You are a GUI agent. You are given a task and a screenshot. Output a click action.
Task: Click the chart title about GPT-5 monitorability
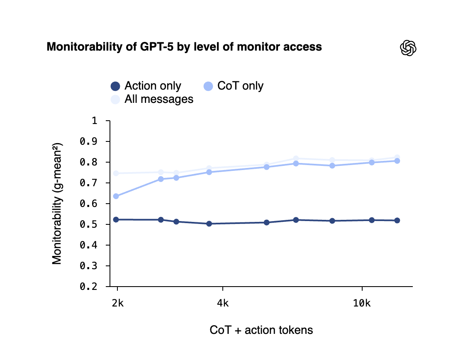pyautogui.click(x=184, y=47)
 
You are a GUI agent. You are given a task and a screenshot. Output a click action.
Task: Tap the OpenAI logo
pyautogui.click(x=408, y=48)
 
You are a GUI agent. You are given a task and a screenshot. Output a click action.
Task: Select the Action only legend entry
pyautogui.click(x=146, y=86)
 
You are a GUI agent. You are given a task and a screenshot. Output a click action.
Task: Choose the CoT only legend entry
pyautogui.click(x=233, y=86)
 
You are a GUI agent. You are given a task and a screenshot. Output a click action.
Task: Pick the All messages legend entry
pyautogui.click(x=152, y=99)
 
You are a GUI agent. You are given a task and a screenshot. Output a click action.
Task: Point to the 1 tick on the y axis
pyautogui.click(x=94, y=121)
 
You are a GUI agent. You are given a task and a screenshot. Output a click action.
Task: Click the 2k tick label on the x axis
pyautogui.click(x=117, y=303)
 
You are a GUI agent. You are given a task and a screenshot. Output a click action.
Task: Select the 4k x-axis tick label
pyautogui.click(x=223, y=303)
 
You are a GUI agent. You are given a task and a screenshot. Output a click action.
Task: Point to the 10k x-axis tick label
pyautogui.click(x=362, y=303)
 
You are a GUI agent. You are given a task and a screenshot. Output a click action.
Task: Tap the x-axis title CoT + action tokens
pyautogui.click(x=261, y=330)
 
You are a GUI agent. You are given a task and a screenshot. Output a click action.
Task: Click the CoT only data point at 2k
pyautogui.click(x=116, y=196)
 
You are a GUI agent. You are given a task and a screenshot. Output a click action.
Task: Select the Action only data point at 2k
pyautogui.click(x=116, y=219)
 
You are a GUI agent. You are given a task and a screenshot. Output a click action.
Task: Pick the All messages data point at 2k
pyautogui.click(x=116, y=173)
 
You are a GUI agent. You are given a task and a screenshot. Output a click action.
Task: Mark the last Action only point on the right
pyautogui.click(x=397, y=220)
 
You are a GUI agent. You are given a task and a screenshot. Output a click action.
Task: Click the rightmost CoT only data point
pyautogui.click(x=397, y=161)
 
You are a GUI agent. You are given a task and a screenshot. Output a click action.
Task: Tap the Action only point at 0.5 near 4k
pyautogui.click(x=209, y=224)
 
